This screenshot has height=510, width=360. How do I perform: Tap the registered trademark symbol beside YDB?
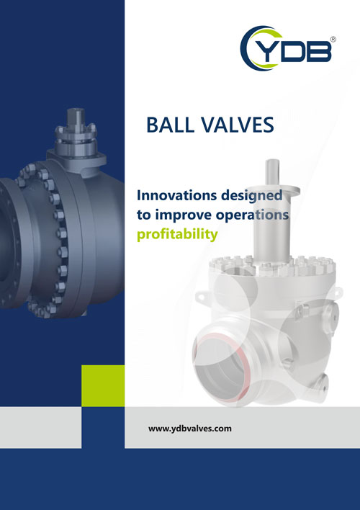[333, 40]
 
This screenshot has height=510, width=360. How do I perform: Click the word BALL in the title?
[170, 125]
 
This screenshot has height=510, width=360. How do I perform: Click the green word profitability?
[177, 235]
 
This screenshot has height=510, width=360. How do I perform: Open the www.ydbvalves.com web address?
[190, 429]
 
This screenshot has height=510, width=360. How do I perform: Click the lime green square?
[103, 386]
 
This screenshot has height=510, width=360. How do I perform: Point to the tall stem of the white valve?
[272, 211]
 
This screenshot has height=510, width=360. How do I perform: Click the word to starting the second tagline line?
[144, 215]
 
